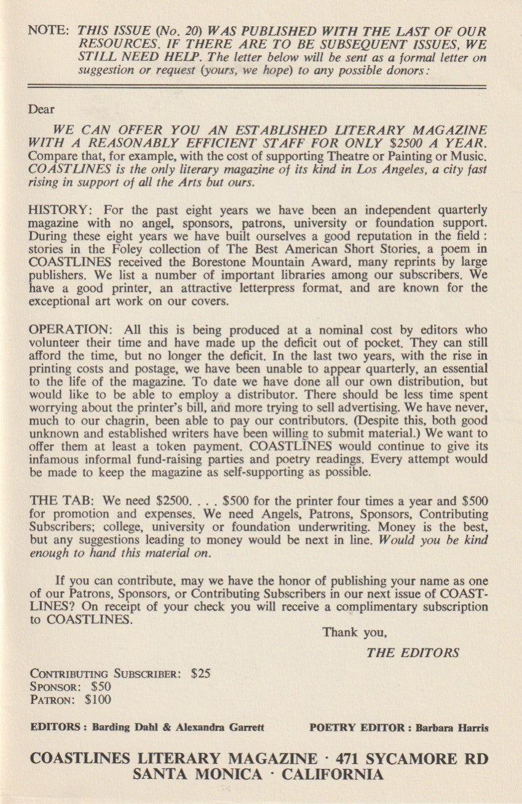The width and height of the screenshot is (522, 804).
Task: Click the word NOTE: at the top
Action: click(49, 31)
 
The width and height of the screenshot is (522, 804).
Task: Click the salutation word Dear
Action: click(42, 109)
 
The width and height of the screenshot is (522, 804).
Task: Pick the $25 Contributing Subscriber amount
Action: click(201, 673)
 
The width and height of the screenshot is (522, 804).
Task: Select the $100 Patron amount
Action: click(98, 699)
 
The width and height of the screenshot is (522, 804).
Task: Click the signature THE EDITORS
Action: click(413, 653)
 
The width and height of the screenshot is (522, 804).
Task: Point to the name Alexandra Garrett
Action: click(220, 727)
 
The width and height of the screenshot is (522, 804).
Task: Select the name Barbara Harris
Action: click(452, 727)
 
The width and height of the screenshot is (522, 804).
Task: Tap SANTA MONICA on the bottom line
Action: click(197, 774)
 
